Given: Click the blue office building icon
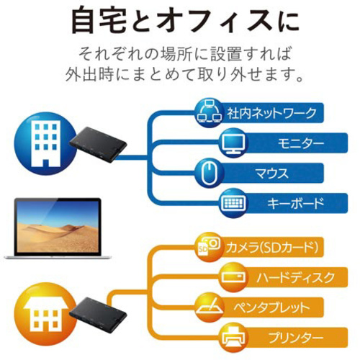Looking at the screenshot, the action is click(x=45, y=143).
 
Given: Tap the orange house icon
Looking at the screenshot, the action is click(x=45, y=314).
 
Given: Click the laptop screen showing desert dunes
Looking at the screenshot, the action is click(x=57, y=226).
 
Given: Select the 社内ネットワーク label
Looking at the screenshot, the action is click(x=271, y=113).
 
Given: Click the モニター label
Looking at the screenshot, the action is click(x=301, y=143).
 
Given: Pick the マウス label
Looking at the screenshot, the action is click(x=271, y=174).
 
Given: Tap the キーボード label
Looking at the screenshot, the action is click(x=295, y=203).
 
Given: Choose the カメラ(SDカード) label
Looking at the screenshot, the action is click(x=272, y=248).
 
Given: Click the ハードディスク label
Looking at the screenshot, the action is click(x=295, y=278).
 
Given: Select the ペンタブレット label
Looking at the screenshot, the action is click(x=271, y=307).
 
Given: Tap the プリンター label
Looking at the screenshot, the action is click(x=295, y=338).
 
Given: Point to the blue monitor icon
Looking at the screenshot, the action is click(x=233, y=143).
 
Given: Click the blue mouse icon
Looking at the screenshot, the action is click(x=209, y=173).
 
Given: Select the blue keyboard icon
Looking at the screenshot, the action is click(x=233, y=203).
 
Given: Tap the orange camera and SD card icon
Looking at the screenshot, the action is click(x=209, y=247).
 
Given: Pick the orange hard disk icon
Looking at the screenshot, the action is click(x=233, y=277).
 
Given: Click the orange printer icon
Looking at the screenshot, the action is click(x=233, y=338).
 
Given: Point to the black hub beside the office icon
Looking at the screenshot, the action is click(x=98, y=145).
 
